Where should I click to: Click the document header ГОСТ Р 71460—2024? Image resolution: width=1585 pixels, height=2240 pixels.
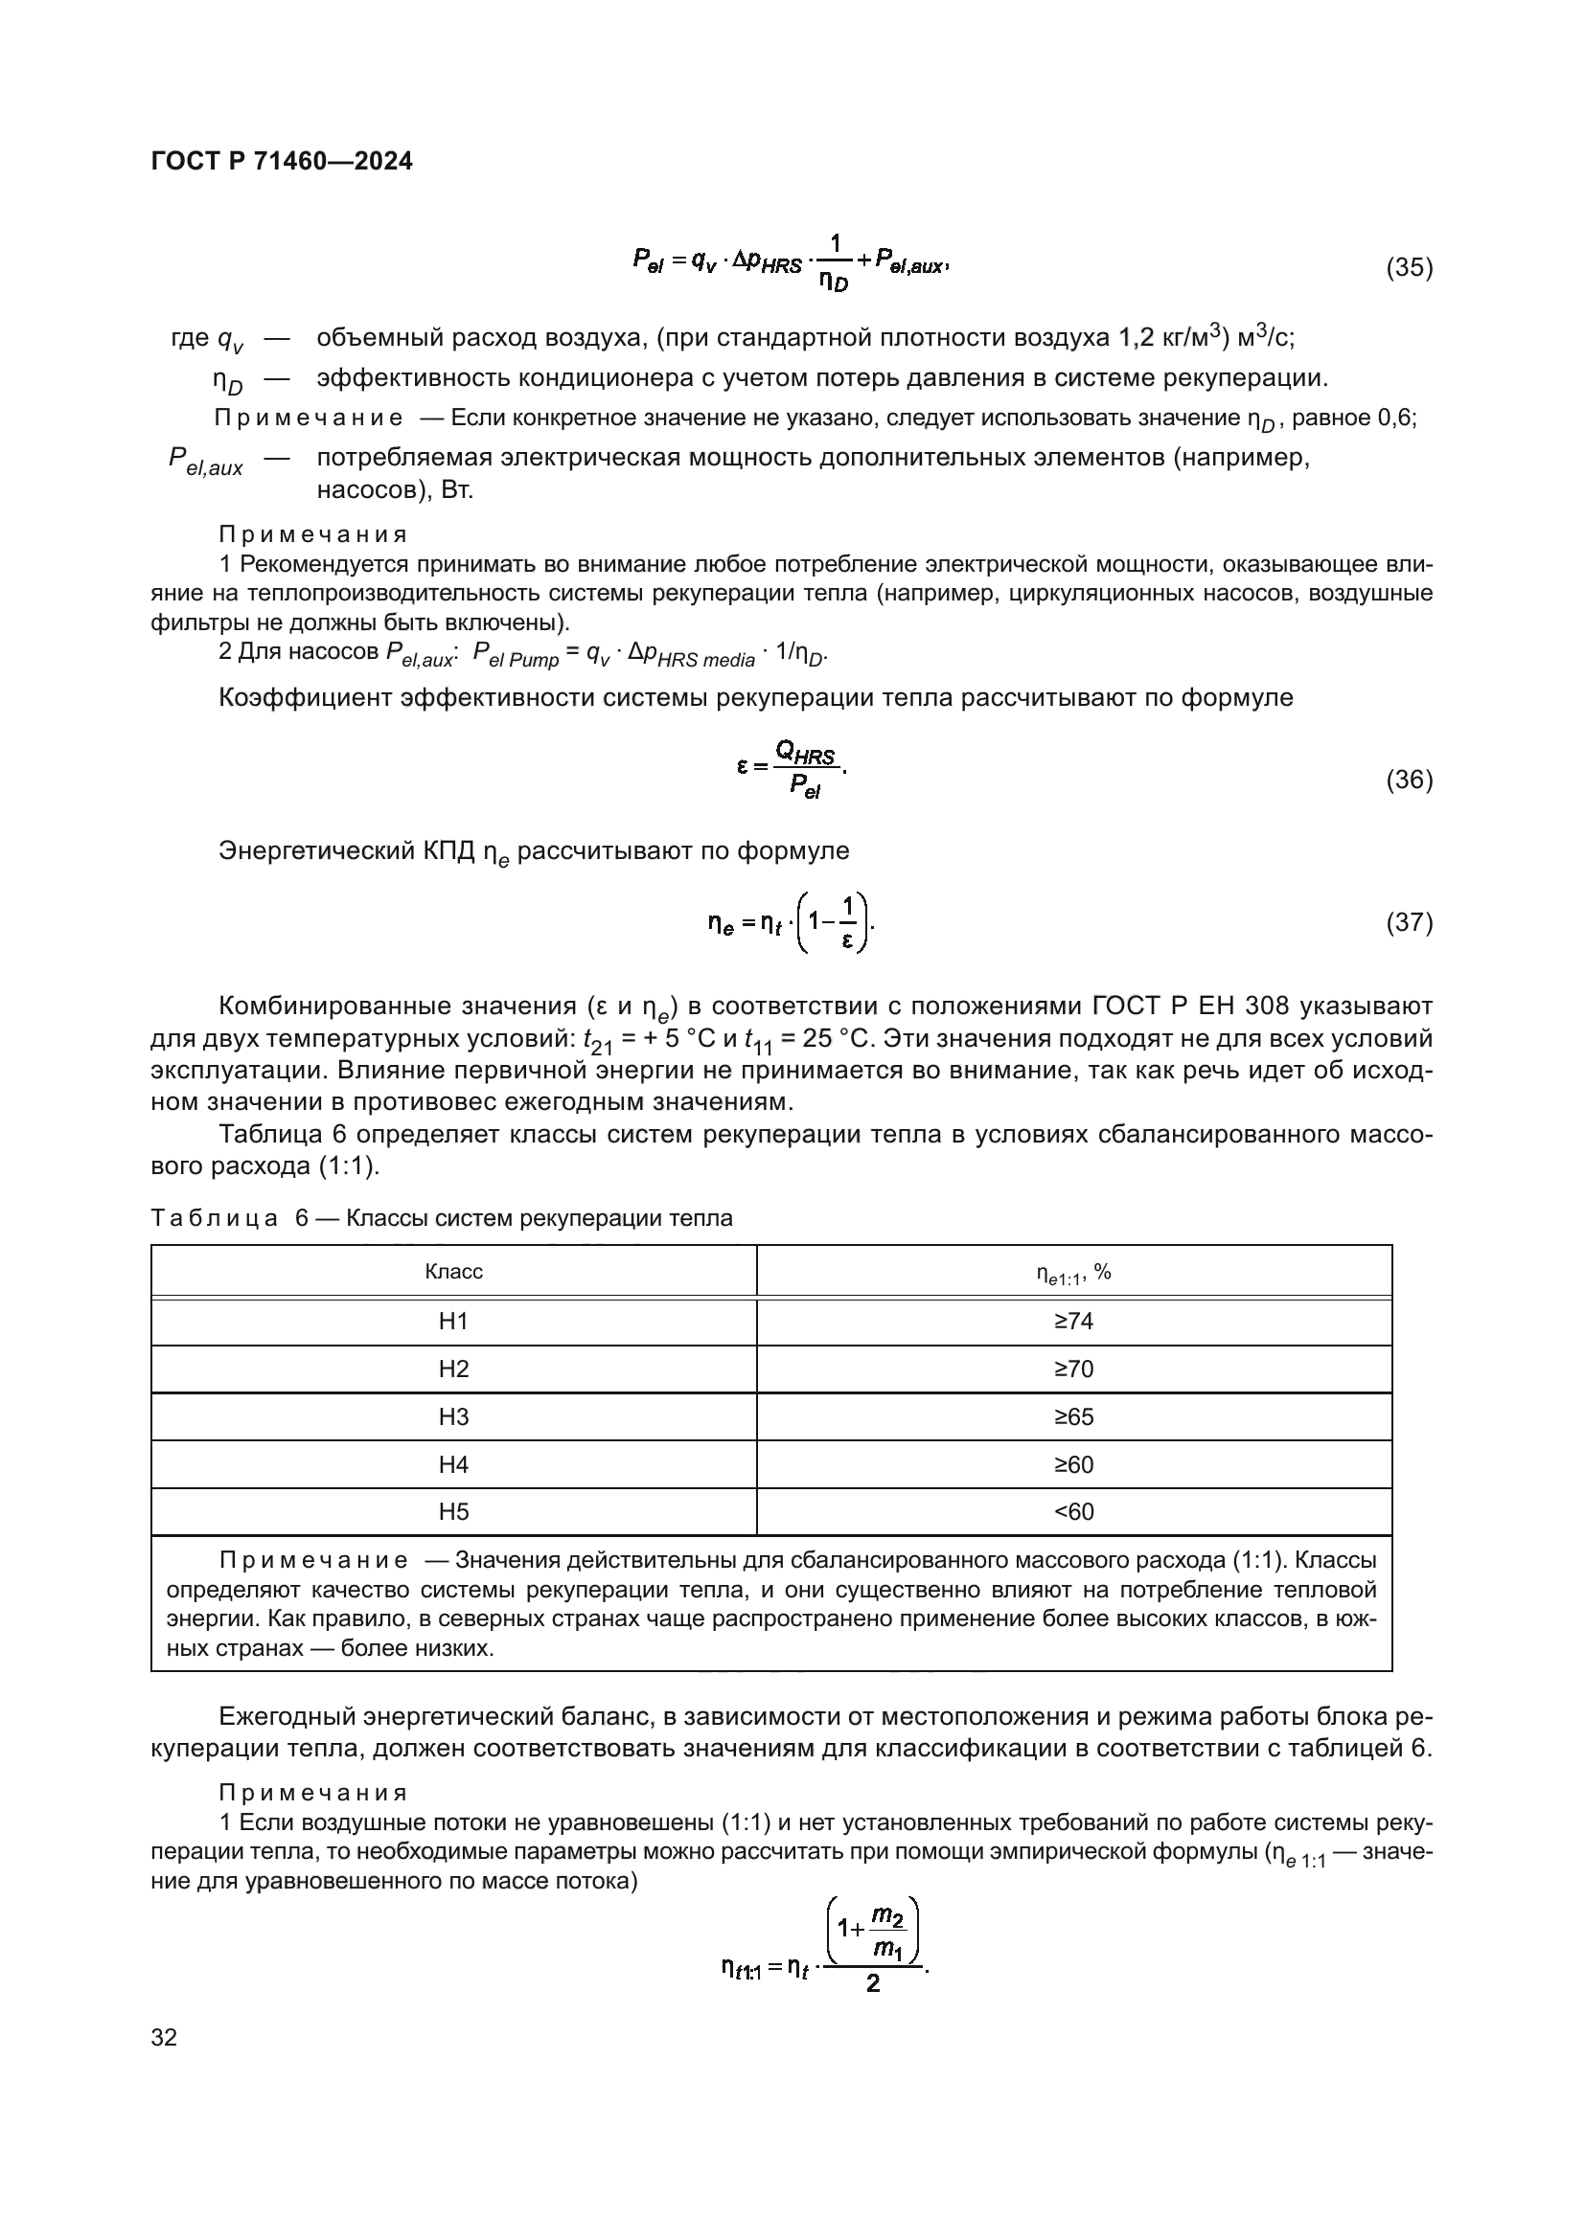[x=282, y=162]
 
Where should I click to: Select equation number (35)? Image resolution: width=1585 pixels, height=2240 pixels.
[x=1409, y=268]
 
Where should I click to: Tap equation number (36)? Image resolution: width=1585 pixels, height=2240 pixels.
[x=1409, y=781]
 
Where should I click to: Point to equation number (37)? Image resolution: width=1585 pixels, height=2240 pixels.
[x=1409, y=922]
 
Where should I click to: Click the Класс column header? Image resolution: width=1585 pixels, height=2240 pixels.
[x=454, y=1272]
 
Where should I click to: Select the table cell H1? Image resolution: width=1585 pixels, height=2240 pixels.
[x=454, y=1322]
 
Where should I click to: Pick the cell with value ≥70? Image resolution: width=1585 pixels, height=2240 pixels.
[x=1073, y=1369]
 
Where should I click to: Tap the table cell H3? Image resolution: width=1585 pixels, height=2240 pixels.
[x=454, y=1417]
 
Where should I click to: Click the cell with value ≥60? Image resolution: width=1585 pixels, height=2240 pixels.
[x=1073, y=1465]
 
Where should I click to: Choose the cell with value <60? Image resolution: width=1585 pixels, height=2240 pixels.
[x=1073, y=1512]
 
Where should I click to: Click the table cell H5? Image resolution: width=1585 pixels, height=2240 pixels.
[x=454, y=1512]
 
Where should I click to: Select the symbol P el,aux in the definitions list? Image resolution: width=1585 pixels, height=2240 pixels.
[x=205, y=461]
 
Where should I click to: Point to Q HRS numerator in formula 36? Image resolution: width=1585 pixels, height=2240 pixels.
[x=805, y=752]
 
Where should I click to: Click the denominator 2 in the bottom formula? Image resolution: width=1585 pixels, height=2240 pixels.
[x=873, y=1983]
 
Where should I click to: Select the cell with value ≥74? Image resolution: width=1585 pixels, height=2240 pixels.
[x=1073, y=1322]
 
